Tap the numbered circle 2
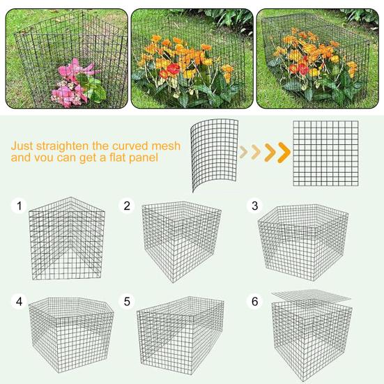(x=127, y=206)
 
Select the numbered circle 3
(x=255, y=206)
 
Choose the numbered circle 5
(x=127, y=302)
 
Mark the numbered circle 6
(x=255, y=302)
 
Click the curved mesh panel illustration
(x=213, y=155)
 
